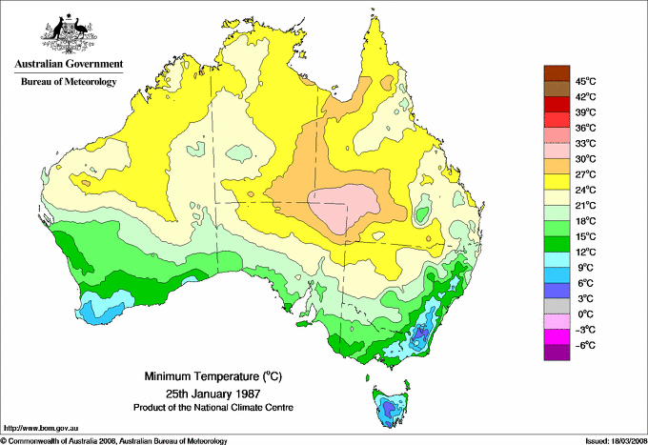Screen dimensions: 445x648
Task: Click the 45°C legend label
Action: coord(585,81)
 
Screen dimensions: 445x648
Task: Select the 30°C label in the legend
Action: coord(585,159)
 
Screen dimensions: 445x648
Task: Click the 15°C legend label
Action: coord(585,236)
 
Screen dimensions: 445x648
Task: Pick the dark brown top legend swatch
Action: coord(556,73)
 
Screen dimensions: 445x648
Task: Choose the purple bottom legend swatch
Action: coord(556,353)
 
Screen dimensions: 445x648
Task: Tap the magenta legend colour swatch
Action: coord(556,336)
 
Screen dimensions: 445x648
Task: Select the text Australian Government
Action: coord(68,65)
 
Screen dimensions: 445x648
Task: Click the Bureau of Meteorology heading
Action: coord(68,82)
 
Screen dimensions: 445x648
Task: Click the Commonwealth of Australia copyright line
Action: coord(114,440)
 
